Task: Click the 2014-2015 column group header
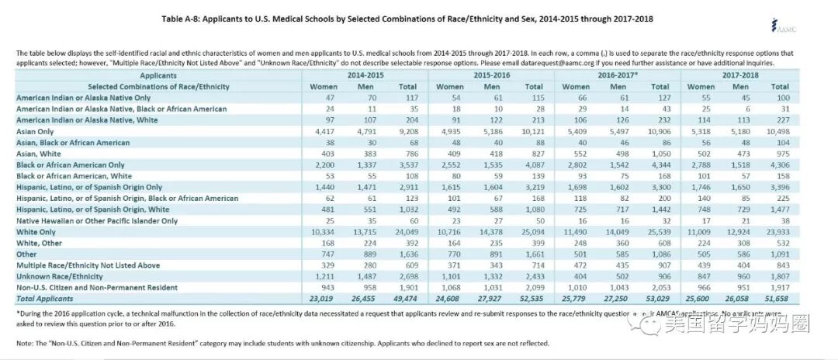coord(365,76)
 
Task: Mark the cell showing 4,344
coord(658,165)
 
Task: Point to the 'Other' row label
coord(28,254)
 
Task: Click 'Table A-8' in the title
coord(184,18)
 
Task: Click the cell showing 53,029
coord(658,298)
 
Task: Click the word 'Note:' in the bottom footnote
coord(26,342)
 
